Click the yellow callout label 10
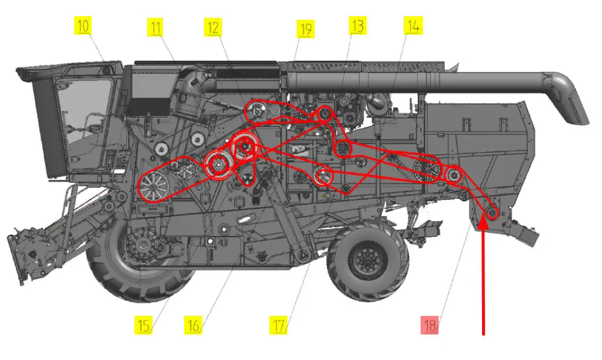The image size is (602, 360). click(x=83, y=27)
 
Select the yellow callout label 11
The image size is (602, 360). click(x=155, y=27)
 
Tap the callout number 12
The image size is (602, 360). click(x=213, y=28)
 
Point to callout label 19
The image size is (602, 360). click(x=305, y=29)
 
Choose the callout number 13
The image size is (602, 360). click(x=357, y=26)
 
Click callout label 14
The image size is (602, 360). click(x=413, y=26)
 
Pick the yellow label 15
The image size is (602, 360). click(x=143, y=325)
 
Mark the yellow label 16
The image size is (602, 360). click(x=193, y=325)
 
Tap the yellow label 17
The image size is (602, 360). click(x=278, y=325)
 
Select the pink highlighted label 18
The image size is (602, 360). click(x=429, y=325)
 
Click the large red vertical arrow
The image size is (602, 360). click(x=483, y=277)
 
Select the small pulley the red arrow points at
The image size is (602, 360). click(x=491, y=213)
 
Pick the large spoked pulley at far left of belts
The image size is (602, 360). click(x=154, y=187)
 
